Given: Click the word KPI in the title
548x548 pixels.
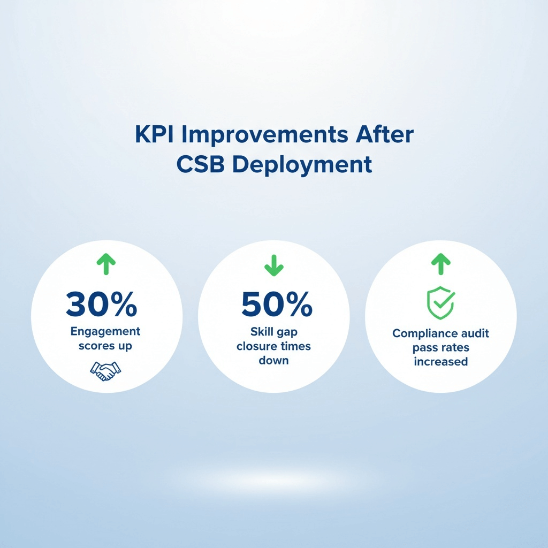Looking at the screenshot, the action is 154,134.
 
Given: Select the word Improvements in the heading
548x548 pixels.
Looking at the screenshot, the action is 265,135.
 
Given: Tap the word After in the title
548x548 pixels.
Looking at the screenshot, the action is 384,134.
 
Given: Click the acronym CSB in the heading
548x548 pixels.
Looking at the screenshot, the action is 200,164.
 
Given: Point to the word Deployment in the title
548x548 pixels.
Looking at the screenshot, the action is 302,165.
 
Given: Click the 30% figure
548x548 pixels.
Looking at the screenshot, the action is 101,304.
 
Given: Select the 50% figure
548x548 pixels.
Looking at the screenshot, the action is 277,304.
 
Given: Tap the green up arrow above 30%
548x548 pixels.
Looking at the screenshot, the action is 106,264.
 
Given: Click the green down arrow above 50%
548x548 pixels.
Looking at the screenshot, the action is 274,265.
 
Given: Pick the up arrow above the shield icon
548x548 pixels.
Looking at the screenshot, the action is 441,264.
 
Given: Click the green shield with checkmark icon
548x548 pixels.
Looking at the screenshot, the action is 441,303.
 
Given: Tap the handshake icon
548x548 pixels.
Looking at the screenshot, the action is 105,371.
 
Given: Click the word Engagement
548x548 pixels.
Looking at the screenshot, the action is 105,332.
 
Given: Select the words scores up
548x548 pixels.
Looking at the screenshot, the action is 105,346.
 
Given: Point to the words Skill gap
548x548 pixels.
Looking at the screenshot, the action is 274,332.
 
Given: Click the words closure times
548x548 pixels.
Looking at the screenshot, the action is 273,346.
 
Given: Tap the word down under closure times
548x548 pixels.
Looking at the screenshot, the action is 273,360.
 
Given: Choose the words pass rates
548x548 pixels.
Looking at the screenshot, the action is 441,348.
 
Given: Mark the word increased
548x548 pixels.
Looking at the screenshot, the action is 441,361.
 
